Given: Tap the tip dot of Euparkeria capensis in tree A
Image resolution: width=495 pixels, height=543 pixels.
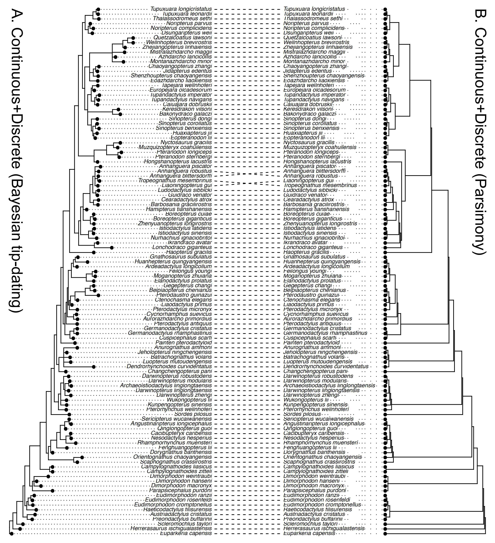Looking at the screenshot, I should [x=11, y=533].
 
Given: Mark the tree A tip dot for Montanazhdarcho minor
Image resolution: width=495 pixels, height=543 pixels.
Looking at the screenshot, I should [x=123, y=62].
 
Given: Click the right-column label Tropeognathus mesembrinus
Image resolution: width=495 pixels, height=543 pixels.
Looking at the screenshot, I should [x=320, y=185].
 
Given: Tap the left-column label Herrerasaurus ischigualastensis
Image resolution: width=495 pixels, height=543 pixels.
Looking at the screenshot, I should [x=171, y=529].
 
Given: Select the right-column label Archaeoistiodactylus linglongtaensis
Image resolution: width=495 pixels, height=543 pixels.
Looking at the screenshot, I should [x=329, y=386].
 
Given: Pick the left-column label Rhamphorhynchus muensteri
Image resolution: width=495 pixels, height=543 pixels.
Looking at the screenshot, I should [x=175, y=443].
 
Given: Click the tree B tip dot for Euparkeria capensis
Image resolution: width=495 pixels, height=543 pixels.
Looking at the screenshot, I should [x=385, y=533].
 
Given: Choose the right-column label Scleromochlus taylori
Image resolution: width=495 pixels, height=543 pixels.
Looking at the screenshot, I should [x=310, y=524].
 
